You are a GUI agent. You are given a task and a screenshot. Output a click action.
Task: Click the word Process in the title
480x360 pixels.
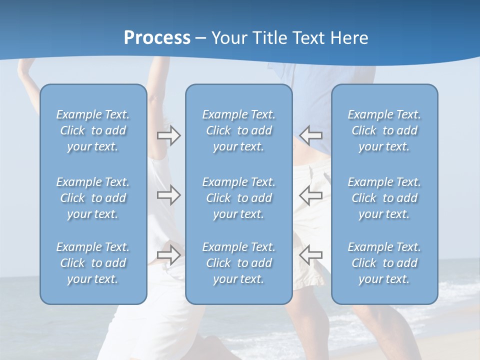click(157, 38)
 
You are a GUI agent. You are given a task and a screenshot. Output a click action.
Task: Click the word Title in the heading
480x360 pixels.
click(269, 38)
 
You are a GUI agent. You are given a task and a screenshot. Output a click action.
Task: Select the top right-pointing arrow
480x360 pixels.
click(168, 135)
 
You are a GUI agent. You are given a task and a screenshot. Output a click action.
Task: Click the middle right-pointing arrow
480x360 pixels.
click(168, 195)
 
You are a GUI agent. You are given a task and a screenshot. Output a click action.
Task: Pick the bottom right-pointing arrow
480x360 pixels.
click(168, 254)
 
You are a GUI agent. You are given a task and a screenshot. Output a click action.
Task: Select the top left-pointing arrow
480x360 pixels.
click(311, 135)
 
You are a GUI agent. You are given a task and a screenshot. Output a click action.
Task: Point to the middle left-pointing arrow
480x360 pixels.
click(311, 195)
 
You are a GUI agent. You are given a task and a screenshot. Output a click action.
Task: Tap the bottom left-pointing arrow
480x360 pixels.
click(311, 254)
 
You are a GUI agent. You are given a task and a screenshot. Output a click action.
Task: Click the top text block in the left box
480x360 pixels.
click(93, 130)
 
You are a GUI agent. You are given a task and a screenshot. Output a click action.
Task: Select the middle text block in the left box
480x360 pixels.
click(93, 198)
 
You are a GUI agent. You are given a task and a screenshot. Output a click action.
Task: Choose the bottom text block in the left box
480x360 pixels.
click(93, 263)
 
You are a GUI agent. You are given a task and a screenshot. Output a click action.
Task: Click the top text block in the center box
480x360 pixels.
click(238, 130)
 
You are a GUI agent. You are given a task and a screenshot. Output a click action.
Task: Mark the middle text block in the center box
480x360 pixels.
click(238, 198)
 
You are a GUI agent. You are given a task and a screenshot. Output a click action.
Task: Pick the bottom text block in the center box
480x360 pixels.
click(238, 263)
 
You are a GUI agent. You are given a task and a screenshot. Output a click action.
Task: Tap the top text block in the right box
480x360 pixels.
click(384, 130)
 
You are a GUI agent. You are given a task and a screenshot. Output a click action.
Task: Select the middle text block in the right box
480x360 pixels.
click(384, 198)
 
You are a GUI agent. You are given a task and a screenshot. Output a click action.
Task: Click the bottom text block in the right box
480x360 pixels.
click(384, 263)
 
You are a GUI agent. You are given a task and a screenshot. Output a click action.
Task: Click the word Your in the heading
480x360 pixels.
click(230, 38)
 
